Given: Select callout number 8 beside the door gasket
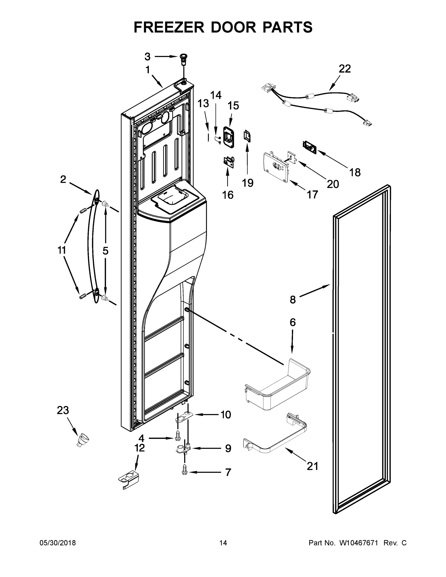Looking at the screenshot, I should click(293, 300).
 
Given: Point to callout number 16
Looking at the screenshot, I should click(228, 195).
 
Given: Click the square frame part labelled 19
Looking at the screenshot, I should click(247, 136).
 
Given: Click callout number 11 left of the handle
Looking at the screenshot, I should click(62, 250).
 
